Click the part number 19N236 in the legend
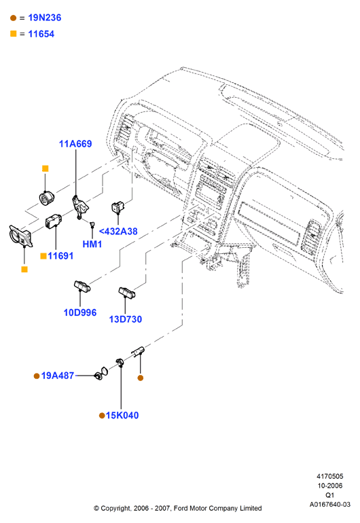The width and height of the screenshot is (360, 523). pyautogui.click(x=44, y=18)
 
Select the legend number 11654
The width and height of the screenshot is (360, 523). pyautogui.click(x=41, y=34)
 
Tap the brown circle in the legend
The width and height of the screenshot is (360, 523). pyautogui.click(x=14, y=18)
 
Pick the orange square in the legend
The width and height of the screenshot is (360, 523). pyautogui.click(x=14, y=34)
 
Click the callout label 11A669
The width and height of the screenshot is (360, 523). pyautogui.click(x=75, y=144)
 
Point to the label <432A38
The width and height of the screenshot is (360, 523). pyautogui.click(x=118, y=231)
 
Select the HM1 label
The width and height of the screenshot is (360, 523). pyautogui.click(x=92, y=244)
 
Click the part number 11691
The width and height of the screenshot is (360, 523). pyautogui.click(x=60, y=256)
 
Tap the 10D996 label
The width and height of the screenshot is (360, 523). pyautogui.click(x=80, y=312)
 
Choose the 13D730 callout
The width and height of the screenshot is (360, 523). pyautogui.click(x=126, y=319)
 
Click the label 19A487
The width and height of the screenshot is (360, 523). pyautogui.click(x=57, y=376)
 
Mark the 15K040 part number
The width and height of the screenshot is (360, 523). pyautogui.click(x=122, y=415)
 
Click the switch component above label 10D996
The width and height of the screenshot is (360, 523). pyautogui.click(x=82, y=286)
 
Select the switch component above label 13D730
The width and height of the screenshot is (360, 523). pyautogui.click(x=127, y=292)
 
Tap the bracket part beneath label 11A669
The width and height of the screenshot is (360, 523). pyautogui.click(x=80, y=206)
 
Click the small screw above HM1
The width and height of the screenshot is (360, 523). pyautogui.click(x=92, y=223)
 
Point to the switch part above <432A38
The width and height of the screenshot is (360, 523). pyautogui.click(x=118, y=207)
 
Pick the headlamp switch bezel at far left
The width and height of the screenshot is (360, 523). pyautogui.click(x=20, y=236)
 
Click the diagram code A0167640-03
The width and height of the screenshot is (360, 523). pyautogui.click(x=329, y=504)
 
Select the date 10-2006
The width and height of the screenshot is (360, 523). pyautogui.click(x=329, y=486)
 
